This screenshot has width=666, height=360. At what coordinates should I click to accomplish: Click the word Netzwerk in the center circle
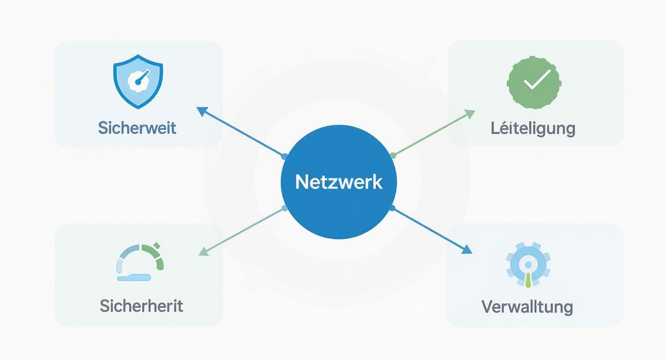coord(339,182)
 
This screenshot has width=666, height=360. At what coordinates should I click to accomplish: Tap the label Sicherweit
coord(137,128)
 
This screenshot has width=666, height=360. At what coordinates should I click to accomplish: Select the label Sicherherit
coord(141,305)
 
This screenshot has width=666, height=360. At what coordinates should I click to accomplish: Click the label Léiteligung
coord(533,128)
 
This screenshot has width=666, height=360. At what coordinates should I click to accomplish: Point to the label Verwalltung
coord(527,306)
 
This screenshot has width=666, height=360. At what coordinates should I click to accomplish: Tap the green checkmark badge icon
coord(534,81)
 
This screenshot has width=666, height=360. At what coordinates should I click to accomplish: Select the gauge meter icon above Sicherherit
coord(140,262)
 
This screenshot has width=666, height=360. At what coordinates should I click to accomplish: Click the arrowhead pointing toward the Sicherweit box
coord(202,111)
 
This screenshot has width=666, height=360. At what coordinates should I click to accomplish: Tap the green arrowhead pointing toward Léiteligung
coord(470,113)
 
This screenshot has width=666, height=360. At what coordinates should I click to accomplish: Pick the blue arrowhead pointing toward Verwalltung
coord(467,250)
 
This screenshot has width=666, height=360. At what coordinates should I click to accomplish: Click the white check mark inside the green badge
coord(536,80)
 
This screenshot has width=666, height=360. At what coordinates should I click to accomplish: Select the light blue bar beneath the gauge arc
coord(133,277)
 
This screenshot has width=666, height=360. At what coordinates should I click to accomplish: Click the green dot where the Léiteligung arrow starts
coord(393,156)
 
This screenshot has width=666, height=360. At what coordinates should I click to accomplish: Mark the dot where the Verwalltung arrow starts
coord(392,208)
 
